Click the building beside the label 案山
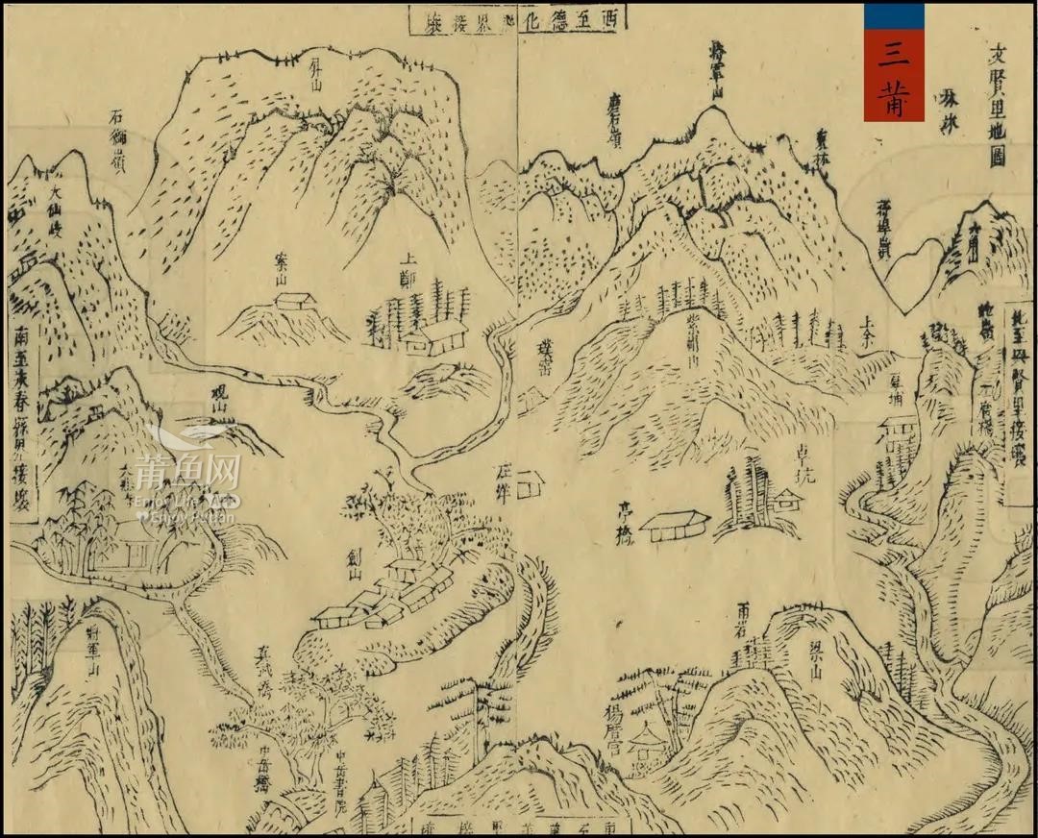pos(296,301)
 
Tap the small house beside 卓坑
pos(787,498)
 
